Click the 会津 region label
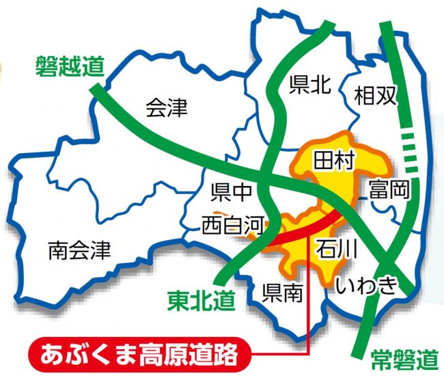tap(167, 108)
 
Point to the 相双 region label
tap(375, 97)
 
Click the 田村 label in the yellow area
tap(333, 161)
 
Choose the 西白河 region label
tap(232, 224)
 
